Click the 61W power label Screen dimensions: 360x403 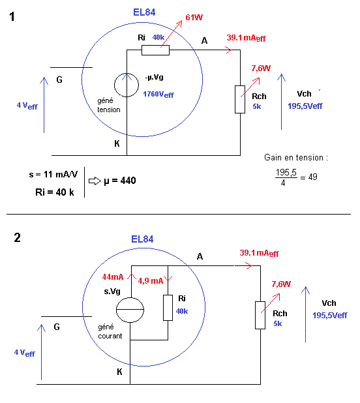[x=194, y=17]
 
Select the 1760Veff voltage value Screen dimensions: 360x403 [x=158, y=95]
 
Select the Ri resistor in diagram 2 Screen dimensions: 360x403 [x=168, y=308]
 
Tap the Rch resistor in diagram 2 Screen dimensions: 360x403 [x=260, y=315]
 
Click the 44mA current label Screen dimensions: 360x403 [x=113, y=276]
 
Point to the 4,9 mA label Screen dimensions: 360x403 [x=150, y=281]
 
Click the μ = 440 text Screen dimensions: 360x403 [x=120, y=181]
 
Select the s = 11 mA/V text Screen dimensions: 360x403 [x=53, y=175]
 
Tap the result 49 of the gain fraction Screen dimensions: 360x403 [x=313, y=177]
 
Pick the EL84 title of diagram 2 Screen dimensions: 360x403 [x=142, y=239]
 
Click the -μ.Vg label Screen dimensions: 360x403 [x=154, y=77]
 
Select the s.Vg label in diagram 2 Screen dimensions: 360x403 [x=112, y=291]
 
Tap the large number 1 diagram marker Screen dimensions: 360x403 [x=12, y=17]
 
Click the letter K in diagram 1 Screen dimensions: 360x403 [x=117, y=143]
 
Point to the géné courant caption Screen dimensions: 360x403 [x=110, y=331]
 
